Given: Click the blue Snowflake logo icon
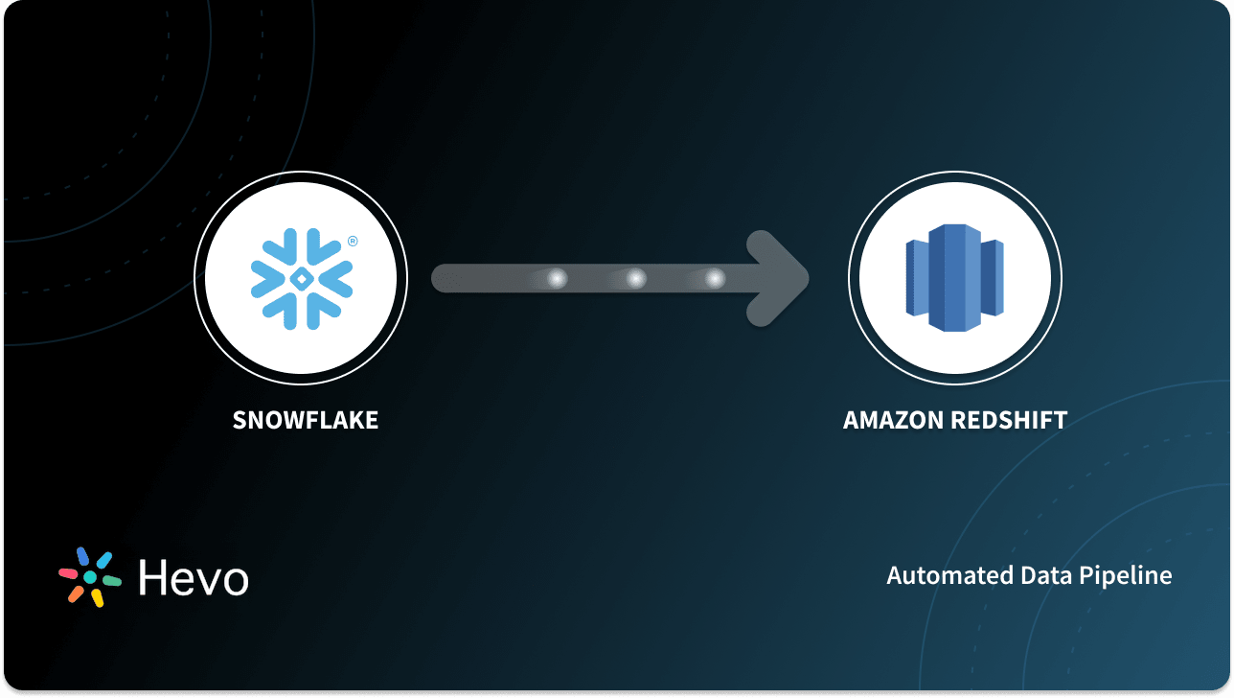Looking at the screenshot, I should [301, 279].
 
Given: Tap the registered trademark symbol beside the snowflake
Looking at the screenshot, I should [353, 242].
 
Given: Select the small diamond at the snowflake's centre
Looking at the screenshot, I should [301, 279].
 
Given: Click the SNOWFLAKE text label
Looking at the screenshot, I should [306, 420].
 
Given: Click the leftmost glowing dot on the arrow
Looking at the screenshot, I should [557, 278].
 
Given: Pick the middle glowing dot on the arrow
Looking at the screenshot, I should [636, 278].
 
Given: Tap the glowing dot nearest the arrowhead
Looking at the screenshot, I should [715, 278].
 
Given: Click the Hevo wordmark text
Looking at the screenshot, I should [194, 577].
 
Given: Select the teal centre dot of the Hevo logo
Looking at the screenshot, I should [90, 577].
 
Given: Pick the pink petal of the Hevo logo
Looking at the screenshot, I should [68, 573].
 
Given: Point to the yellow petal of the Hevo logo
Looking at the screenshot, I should [97, 598].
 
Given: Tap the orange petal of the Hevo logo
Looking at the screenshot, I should [75, 594].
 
